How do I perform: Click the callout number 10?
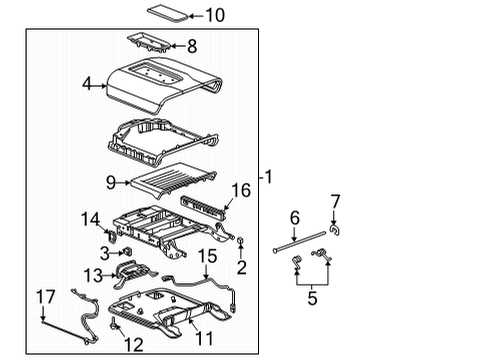pyautogui.click(x=215, y=15)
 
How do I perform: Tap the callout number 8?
pyautogui.click(x=192, y=45)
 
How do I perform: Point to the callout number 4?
pyautogui.click(x=87, y=86)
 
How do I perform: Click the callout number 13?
pyautogui.click(x=92, y=275)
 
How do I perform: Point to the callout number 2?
pyautogui.click(x=242, y=268)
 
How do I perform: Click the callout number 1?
pyautogui.click(x=267, y=177)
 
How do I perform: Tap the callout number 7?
pyautogui.click(x=335, y=201)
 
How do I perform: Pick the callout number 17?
pyautogui.click(x=44, y=295)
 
